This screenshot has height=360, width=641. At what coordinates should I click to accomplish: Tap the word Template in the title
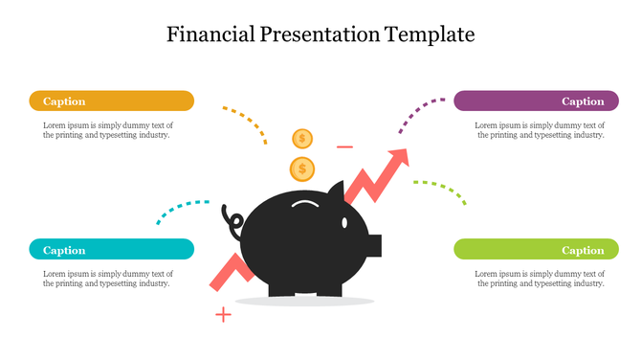(430, 35)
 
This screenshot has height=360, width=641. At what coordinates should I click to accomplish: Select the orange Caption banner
(112, 101)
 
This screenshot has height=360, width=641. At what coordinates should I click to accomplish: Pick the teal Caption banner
(112, 250)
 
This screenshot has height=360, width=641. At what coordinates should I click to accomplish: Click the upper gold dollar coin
(302, 139)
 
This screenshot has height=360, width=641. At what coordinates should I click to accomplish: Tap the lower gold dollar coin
(302, 169)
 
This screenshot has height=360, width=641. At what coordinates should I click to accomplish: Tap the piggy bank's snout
(375, 245)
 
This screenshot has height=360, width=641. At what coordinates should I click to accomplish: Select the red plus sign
(223, 314)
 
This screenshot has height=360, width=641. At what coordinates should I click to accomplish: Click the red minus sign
(345, 147)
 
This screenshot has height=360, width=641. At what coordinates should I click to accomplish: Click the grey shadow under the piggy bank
(304, 302)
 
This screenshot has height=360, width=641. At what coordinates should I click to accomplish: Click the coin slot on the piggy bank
(305, 204)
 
